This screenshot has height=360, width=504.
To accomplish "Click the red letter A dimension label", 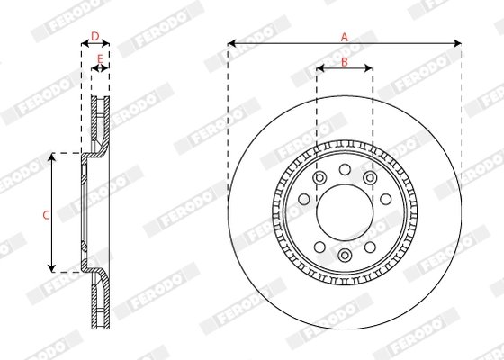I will click(x=344, y=36).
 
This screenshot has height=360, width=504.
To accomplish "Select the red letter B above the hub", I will click(x=344, y=61).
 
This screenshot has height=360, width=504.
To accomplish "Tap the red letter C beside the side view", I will click(x=46, y=213).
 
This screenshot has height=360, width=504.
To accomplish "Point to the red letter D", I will click(x=95, y=36).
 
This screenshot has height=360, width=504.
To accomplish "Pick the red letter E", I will click(x=99, y=59).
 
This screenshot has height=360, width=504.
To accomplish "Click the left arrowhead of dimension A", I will click(x=231, y=42).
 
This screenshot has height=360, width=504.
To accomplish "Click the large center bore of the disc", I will click(x=344, y=212).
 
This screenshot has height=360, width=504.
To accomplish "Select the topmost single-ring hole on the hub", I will click(x=344, y=169).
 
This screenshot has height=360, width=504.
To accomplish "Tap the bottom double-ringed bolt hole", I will click(x=344, y=256).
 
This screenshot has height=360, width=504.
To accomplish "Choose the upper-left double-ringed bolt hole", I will click(x=319, y=178).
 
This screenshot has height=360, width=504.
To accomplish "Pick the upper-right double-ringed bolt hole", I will click(x=370, y=178).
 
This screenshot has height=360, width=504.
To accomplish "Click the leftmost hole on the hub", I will click(x=301, y=213).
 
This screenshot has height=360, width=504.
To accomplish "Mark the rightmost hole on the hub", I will click(x=387, y=213).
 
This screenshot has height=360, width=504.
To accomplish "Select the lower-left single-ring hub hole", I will click(x=319, y=246).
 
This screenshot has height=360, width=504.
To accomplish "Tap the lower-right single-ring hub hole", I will click(x=370, y=246).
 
